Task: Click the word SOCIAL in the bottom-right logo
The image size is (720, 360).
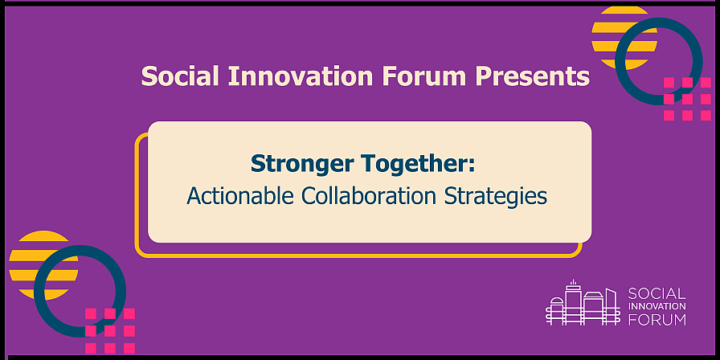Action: (657, 293)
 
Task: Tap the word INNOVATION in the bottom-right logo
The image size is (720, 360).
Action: (657, 306)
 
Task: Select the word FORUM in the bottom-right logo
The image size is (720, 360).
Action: (657, 319)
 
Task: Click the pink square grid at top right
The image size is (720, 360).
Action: (687, 99)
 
